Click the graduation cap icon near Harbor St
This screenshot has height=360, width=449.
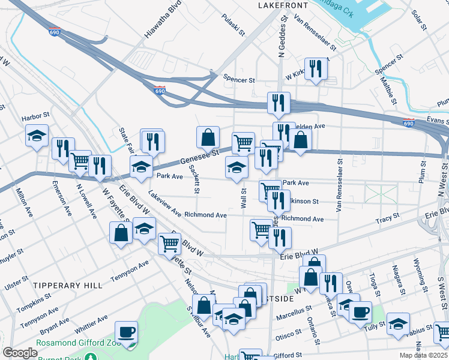[37, 136]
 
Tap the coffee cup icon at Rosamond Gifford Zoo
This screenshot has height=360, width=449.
[126, 332]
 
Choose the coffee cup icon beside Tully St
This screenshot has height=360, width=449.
[360, 312]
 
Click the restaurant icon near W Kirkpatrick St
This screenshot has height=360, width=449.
[314, 69]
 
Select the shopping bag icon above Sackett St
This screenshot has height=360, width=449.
[208, 137]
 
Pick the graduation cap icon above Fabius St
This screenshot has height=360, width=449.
[398, 323]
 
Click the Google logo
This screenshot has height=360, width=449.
[20, 353]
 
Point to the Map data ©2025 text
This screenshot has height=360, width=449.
[422, 355]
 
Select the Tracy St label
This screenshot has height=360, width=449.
[387, 220]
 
